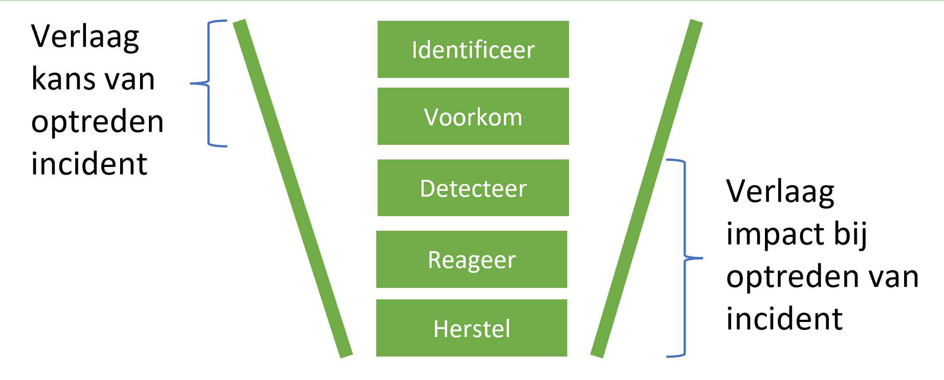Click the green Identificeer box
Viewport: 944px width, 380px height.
(473, 49)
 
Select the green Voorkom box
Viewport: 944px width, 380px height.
(473, 116)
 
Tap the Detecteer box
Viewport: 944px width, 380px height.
(473, 188)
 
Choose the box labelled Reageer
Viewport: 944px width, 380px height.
(472, 259)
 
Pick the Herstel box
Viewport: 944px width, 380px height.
(472, 328)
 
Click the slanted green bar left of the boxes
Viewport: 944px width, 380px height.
(293, 188)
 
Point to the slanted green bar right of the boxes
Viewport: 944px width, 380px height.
(647, 188)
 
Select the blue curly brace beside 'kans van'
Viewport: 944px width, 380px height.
(209, 83)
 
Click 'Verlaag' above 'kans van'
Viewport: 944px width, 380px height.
(85, 37)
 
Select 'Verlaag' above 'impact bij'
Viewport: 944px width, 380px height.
(780, 192)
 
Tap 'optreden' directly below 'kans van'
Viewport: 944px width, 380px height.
(98, 122)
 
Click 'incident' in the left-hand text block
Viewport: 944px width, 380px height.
(89, 164)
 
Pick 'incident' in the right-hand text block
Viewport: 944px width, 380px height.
(784, 319)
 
